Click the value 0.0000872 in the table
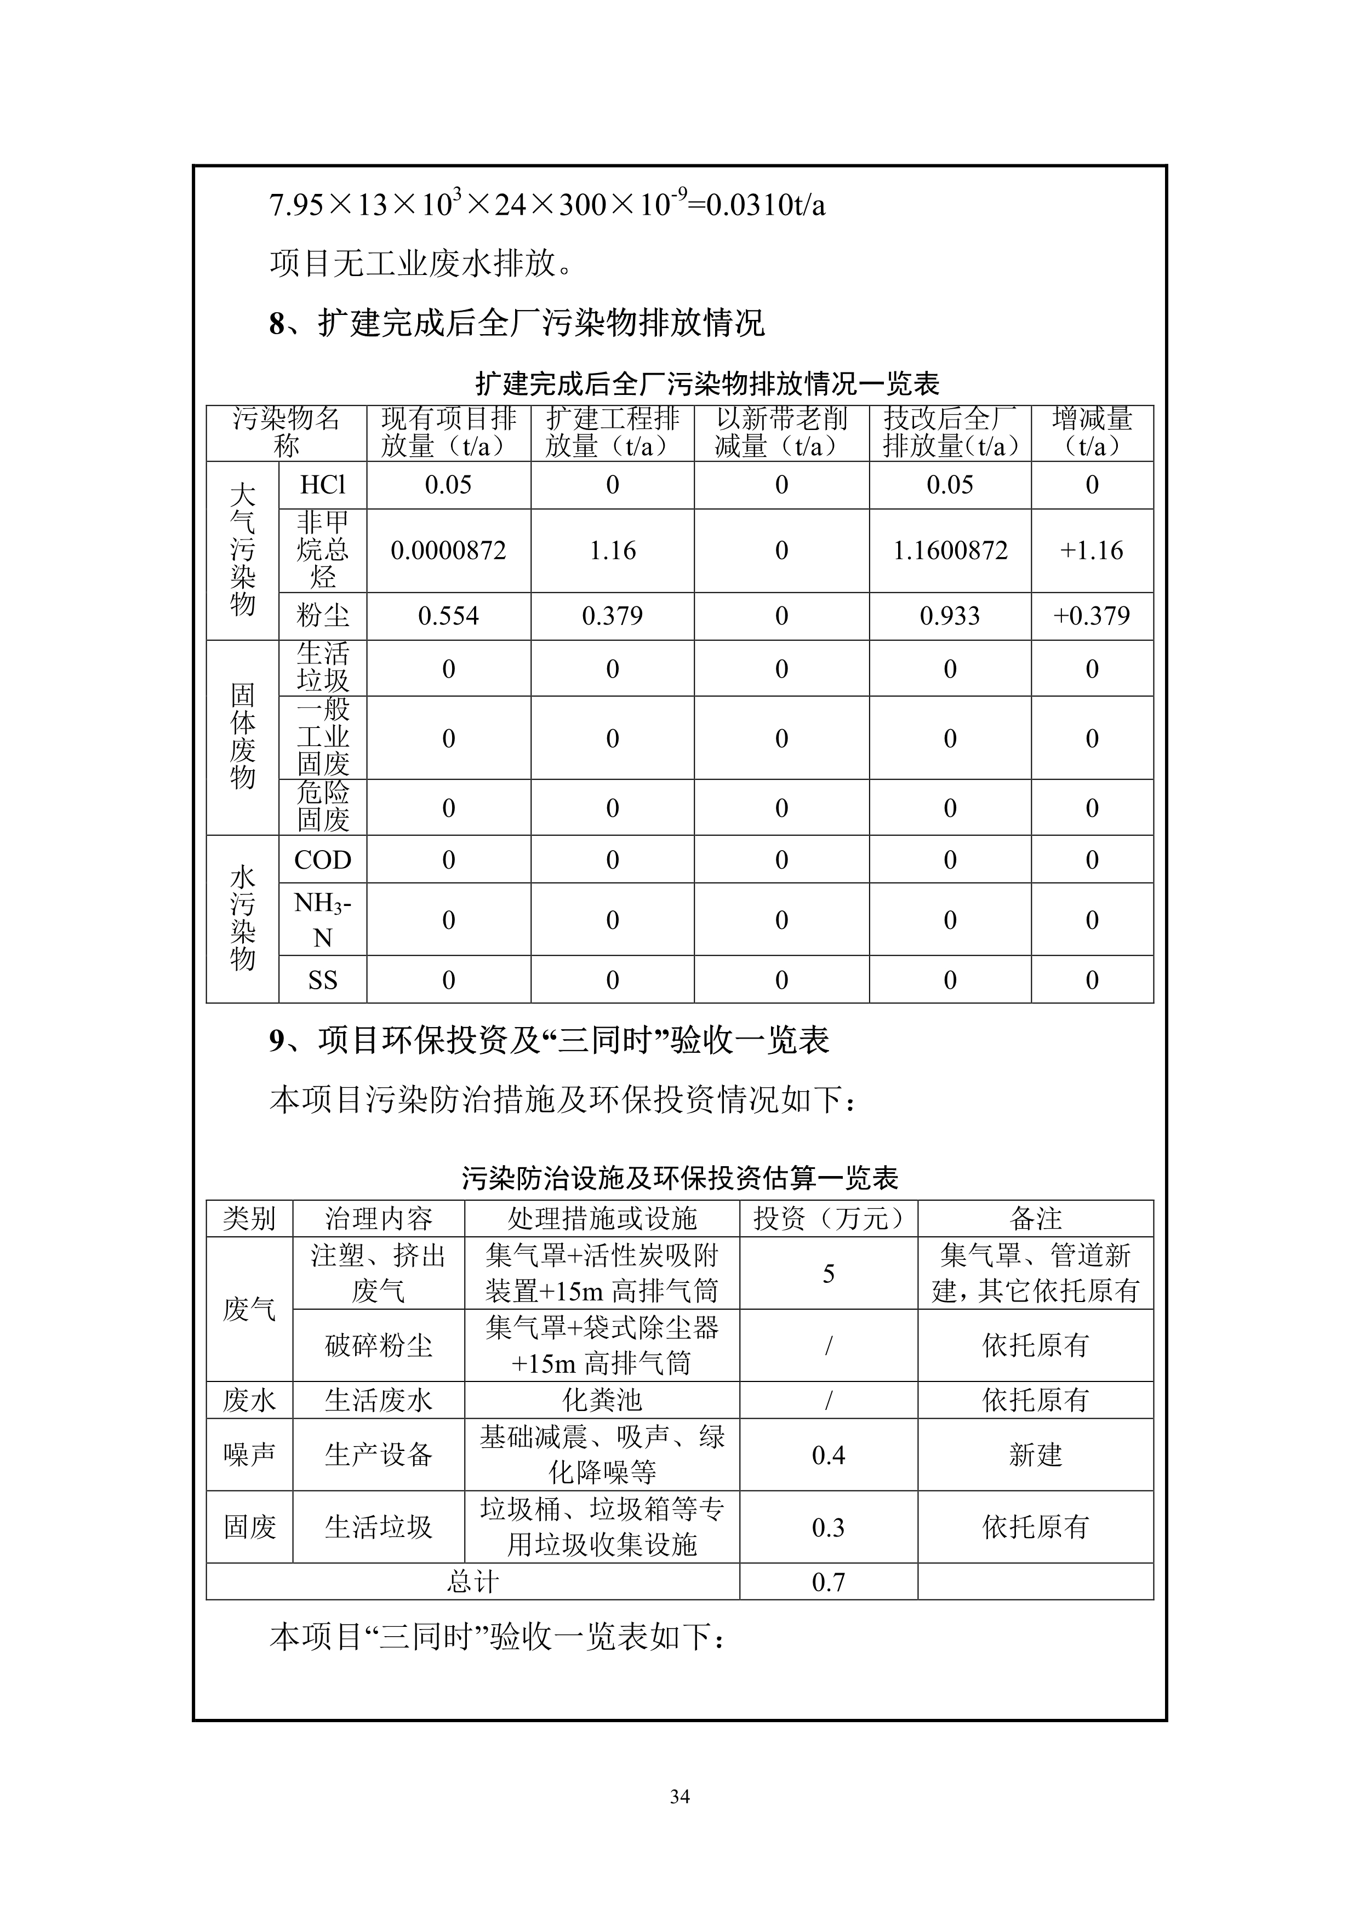pos(449,551)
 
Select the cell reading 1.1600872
pos(950,551)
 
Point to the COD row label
pos(322,859)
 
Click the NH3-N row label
pos(322,920)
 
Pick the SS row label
pos(322,980)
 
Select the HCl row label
pos(322,485)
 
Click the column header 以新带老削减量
pos(781,433)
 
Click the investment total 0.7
pos(829,1582)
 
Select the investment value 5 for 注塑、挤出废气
pos(829,1274)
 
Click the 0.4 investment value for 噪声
pos(829,1455)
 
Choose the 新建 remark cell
pos(1035,1455)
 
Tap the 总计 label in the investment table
pos(473,1582)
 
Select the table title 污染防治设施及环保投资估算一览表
pos(679,1178)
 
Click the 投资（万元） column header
pos(829,1218)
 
